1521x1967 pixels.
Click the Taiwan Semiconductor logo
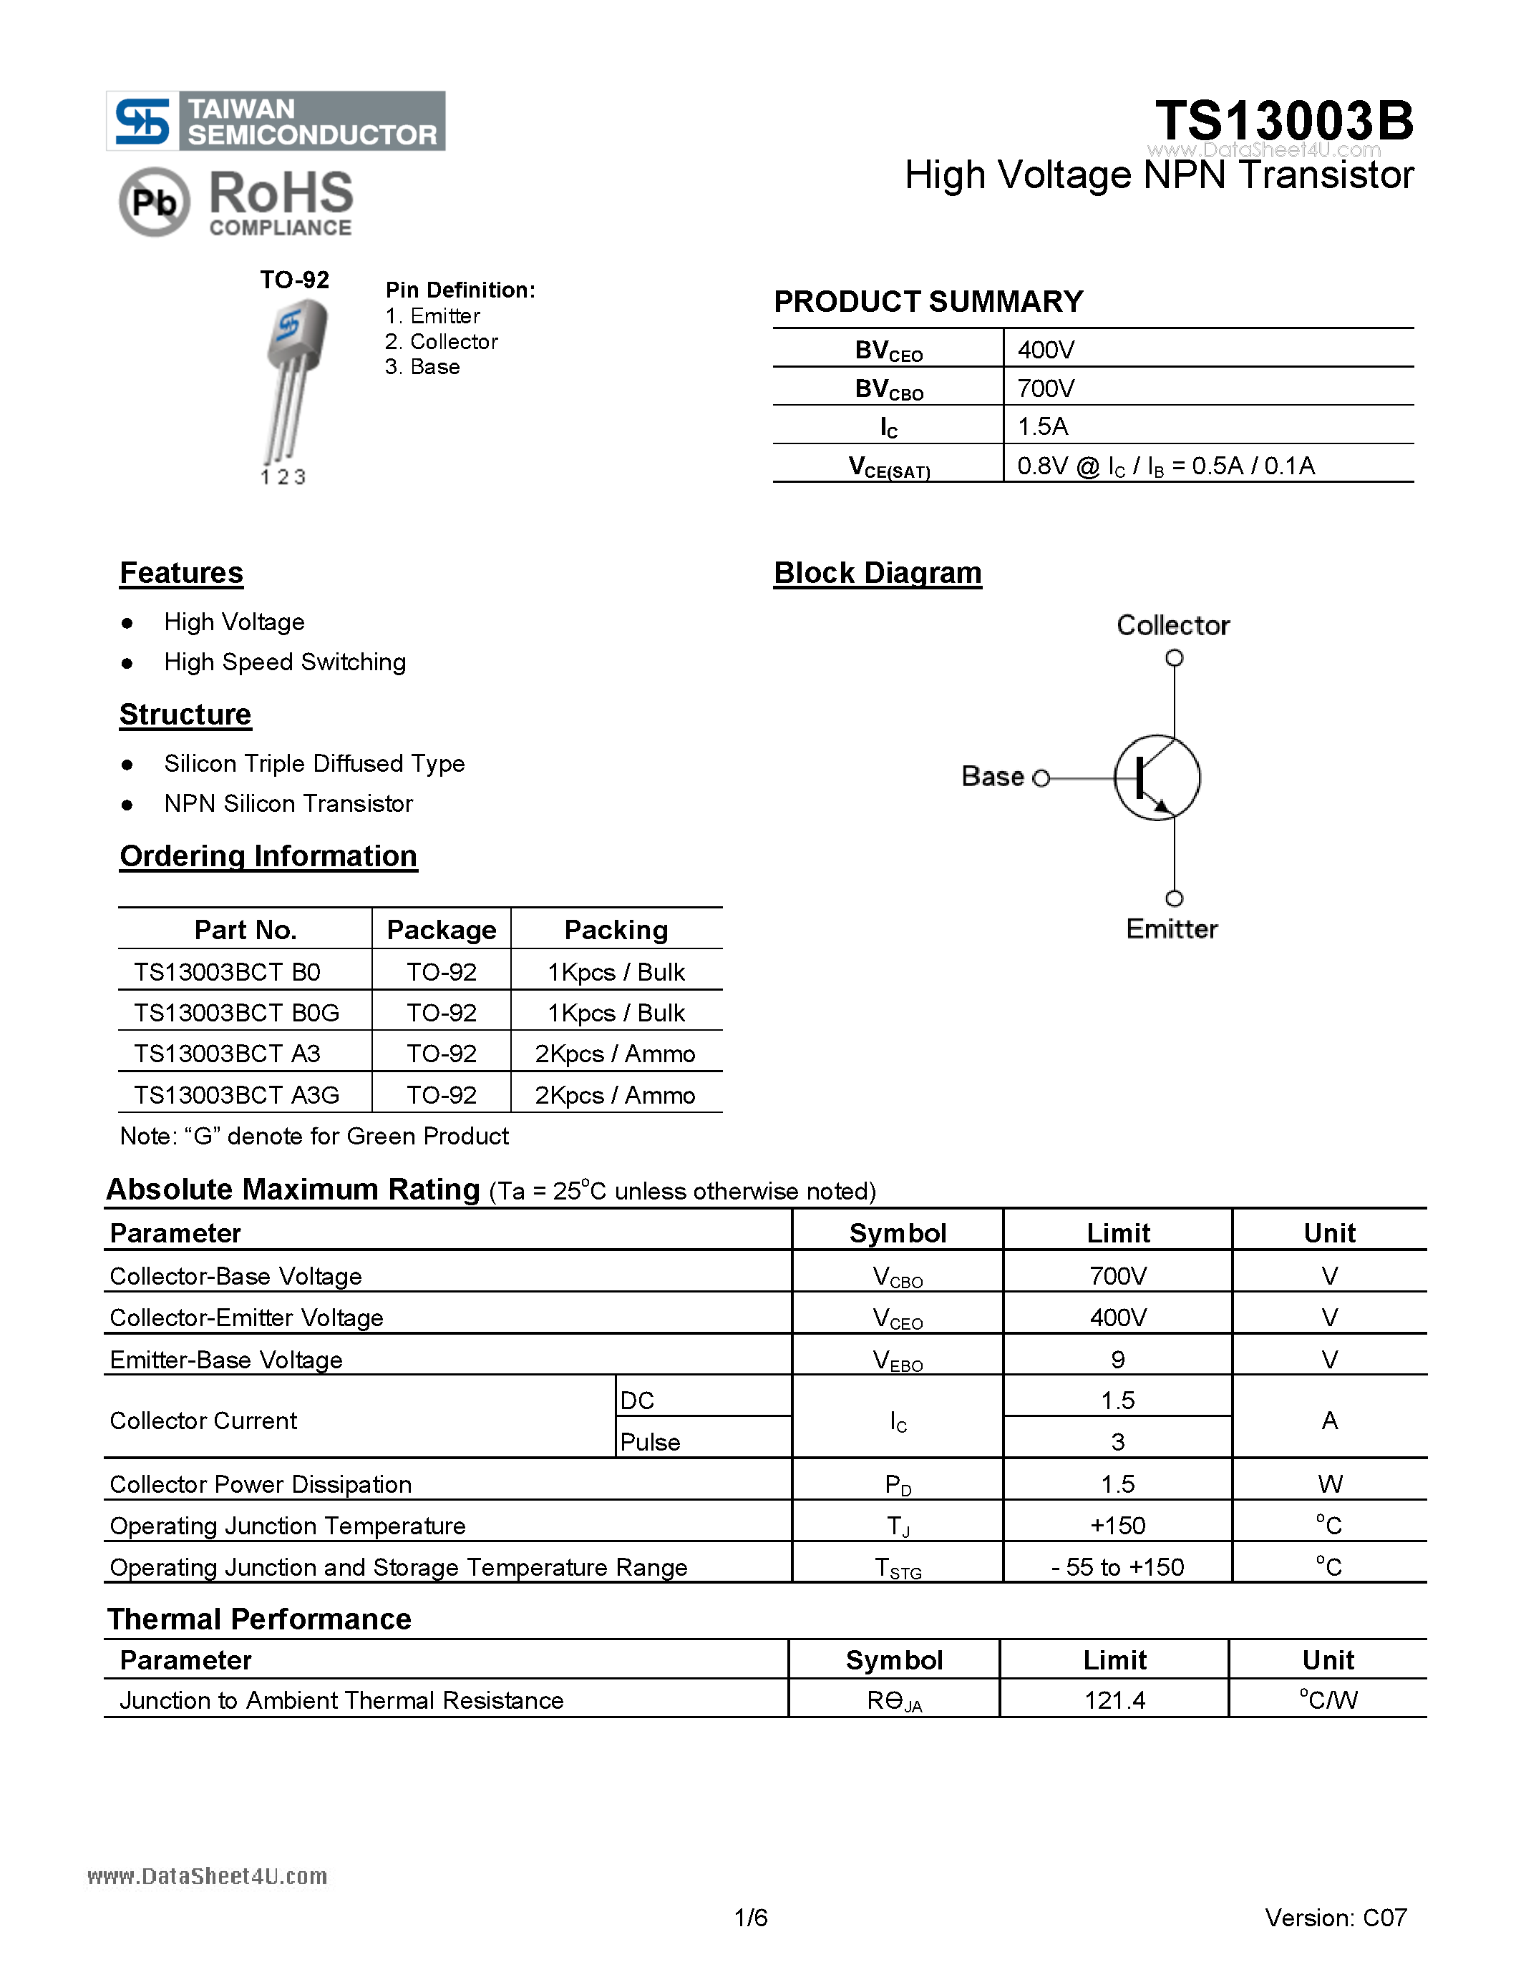click(x=275, y=121)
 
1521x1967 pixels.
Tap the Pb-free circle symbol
click(x=154, y=202)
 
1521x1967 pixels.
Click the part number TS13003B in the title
click(x=1284, y=121)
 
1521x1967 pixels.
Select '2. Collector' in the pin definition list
click(x=441, y=341)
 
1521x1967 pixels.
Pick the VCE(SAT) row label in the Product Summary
click(x=888, y=466)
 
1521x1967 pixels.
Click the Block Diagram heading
click(x=877, y=573)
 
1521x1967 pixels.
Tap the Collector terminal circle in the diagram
click(x=1173, y=658)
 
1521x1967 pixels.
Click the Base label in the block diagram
click(x=992, y=776)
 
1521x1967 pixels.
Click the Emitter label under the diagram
click(x=1172, y=928)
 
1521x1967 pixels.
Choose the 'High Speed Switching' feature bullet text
click(x=285, y=662)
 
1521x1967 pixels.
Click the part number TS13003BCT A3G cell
click(x=236, y=1095)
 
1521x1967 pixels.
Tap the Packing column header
click(x=616, y=929)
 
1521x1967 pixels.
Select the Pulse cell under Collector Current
click(x=650, y=1442)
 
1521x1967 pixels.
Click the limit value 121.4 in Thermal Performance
click(x=1114, y=1700)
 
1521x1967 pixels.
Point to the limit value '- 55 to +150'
click(x=1117, y=1567)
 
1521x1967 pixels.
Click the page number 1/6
click(x=751, y=1918)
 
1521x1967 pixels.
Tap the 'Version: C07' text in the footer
click(x=1336, y=1918)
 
